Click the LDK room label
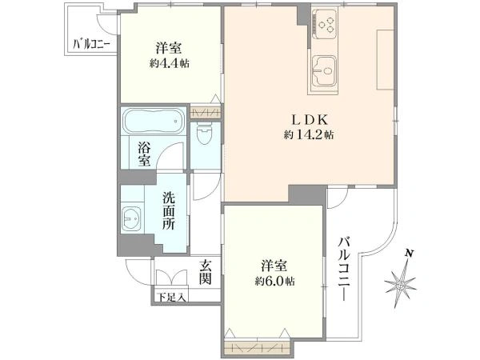(x=309, y=120)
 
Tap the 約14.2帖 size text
(x=309, y=134)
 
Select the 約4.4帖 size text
(x=170, y=63)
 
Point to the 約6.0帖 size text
(x=275, y=281)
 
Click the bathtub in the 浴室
(x=154, y=121)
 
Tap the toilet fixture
(x=205, y=134)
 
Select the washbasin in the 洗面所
(x=132, y=218)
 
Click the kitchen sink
(x=324, y=71)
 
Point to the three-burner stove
(x=326, y=24)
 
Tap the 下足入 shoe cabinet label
(x=171, y=297)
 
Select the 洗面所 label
(x=169, y=211)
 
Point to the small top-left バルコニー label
(x=91, y=45)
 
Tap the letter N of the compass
(x=409, y=253)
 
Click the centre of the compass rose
(x=400, y=286)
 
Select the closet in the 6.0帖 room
(x=257, y=347)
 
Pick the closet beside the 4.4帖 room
(x=206, y=112)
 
